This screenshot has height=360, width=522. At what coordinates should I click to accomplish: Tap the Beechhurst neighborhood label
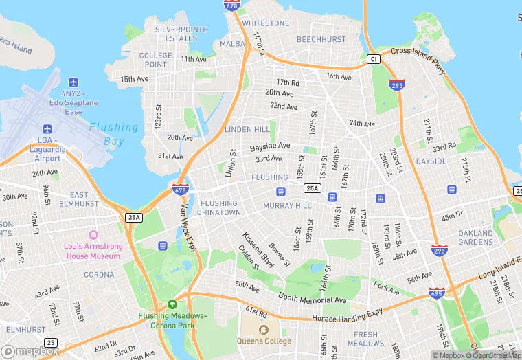pos(321,40)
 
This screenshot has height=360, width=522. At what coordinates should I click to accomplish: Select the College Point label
pos(156,60)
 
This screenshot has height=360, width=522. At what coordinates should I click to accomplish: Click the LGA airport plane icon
pos(47,129)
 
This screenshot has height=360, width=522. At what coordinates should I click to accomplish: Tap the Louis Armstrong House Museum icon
pos(92,236)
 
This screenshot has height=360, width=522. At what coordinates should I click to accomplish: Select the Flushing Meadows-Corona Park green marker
pos(172,304)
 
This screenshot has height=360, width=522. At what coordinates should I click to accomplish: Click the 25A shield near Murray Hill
pos(312,188)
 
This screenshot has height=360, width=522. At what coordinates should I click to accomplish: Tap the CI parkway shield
pos(373,60)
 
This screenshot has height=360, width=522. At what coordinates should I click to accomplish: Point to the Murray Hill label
pos(287,206)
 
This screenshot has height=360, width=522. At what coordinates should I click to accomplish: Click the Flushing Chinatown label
pos(220,208)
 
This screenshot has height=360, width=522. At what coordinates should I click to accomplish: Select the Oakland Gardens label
pos(475,238)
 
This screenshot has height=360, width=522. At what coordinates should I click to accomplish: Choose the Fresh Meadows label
pos(365,339)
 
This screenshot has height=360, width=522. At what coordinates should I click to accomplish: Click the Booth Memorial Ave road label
pos(312,298)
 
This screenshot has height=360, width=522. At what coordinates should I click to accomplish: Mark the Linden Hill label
pos(248,130)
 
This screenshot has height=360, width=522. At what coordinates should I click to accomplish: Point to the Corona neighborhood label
pos(99,275)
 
